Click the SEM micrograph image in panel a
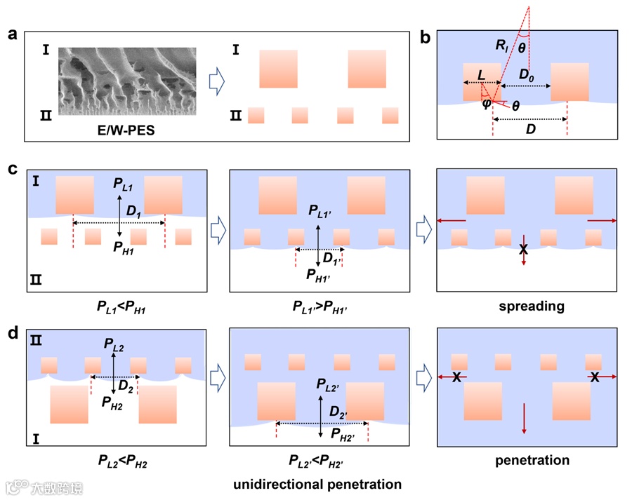click(x=126, y=81)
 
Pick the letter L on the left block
click(x=480, y=74)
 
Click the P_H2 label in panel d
click(x=113, y=402)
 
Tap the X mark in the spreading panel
click(x=523, y=250)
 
